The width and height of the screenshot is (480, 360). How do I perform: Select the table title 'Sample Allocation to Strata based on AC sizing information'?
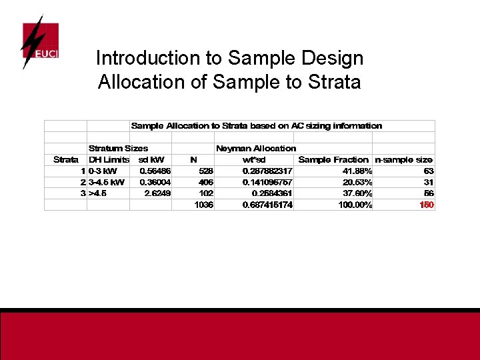coord(257,126)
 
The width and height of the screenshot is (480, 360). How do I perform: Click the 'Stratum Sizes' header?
coord(118,148)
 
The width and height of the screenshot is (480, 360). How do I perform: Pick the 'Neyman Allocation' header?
coord(255,148)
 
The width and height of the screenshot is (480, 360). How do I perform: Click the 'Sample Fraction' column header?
coord(333,159)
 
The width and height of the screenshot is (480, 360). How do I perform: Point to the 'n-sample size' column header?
coord(403,159)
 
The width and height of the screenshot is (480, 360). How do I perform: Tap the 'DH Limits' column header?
coord(109,159)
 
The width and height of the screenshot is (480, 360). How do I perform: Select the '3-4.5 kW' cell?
coord(106,182)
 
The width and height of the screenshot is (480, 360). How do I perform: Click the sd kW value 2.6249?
coord(157,193)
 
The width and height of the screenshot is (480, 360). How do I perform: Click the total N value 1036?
coord(204,205)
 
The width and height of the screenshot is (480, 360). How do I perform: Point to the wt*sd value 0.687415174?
coord(267,205)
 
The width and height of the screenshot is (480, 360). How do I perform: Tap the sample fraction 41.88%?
coord(357,171)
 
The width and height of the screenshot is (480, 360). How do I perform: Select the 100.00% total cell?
coord(355,205)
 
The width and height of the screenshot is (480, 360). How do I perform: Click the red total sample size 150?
coord(427,205)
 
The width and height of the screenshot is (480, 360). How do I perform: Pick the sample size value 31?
coord(429,182)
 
